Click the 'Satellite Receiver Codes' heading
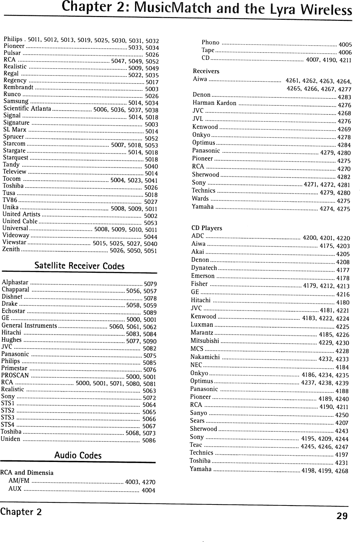[79, 266]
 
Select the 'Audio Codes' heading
[78, 455]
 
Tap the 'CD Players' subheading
[207, 228]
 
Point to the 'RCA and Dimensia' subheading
[27, 473]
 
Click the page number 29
[342, 516]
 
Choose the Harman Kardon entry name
[214, 103]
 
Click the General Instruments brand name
[29, 326]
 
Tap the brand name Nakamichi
[205, 357]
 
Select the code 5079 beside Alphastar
[150, 284]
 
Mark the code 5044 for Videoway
[151, 237]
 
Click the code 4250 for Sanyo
[342, 415]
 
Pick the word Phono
[210, 42]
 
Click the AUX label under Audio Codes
[15, 489]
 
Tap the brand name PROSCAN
[15, 375]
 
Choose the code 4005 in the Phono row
[345, 45]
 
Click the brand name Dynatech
[204, 268]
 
